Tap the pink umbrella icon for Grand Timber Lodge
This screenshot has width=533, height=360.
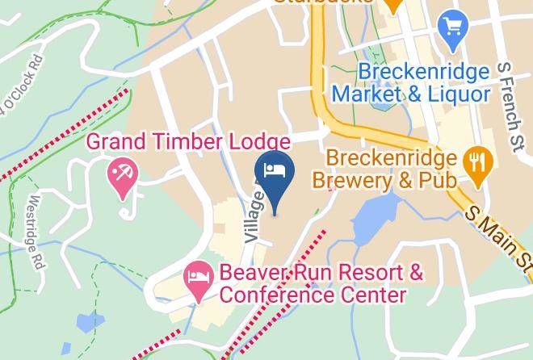[x=123, y=173]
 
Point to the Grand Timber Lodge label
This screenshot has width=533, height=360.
[x=188, y=142]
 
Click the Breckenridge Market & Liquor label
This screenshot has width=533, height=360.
[x=423, y=82]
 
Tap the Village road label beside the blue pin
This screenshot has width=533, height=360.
[x=254, y=216]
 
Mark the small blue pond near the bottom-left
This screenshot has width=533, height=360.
[x=87, y=322]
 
